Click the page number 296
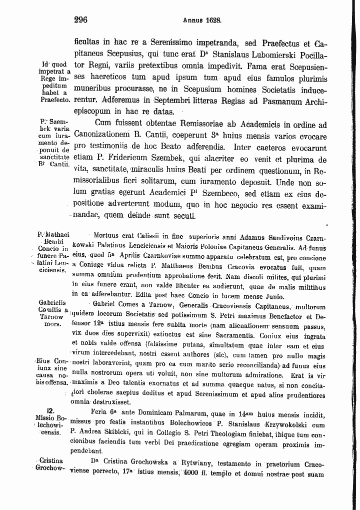point(80,21)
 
